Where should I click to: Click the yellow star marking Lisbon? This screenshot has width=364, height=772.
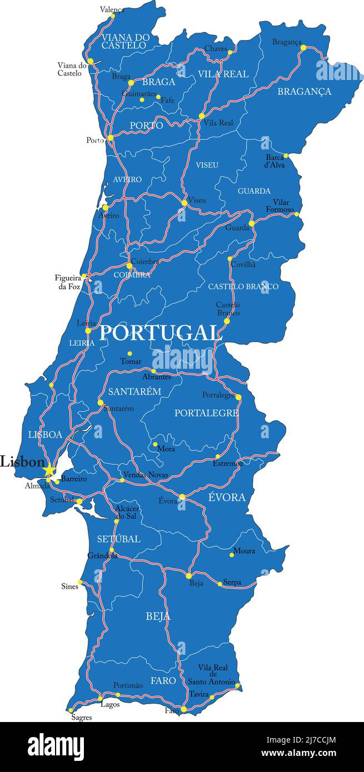[49, 470]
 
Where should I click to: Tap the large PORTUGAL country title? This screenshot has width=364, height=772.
[159, 333]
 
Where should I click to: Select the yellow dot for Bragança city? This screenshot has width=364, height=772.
[303, 48]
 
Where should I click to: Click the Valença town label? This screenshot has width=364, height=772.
[112, 9]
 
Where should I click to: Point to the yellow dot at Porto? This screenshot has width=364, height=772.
[110, 138]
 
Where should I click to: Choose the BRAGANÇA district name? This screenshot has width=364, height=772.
[304, 92]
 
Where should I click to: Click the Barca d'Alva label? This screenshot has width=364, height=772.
[275, 161]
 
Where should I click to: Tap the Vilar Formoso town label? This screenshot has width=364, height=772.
[283, 205]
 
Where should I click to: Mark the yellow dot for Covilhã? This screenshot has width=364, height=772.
[230, 259]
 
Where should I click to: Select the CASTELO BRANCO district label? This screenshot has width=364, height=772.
[243, 287]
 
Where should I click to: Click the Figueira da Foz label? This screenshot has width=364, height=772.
[68, 282]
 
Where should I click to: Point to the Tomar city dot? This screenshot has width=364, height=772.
[129, 353]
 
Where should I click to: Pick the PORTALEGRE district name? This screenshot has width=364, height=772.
[206, 413]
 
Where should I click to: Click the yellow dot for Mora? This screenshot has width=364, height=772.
[155, 444]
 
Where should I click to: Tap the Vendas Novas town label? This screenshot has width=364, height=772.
[145, 475]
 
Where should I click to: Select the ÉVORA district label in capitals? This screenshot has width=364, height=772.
[227, 498]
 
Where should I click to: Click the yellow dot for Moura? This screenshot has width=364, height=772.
[232, 555]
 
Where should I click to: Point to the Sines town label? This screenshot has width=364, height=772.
[69, 586]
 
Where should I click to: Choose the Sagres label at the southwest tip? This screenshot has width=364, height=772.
[82, 717]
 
